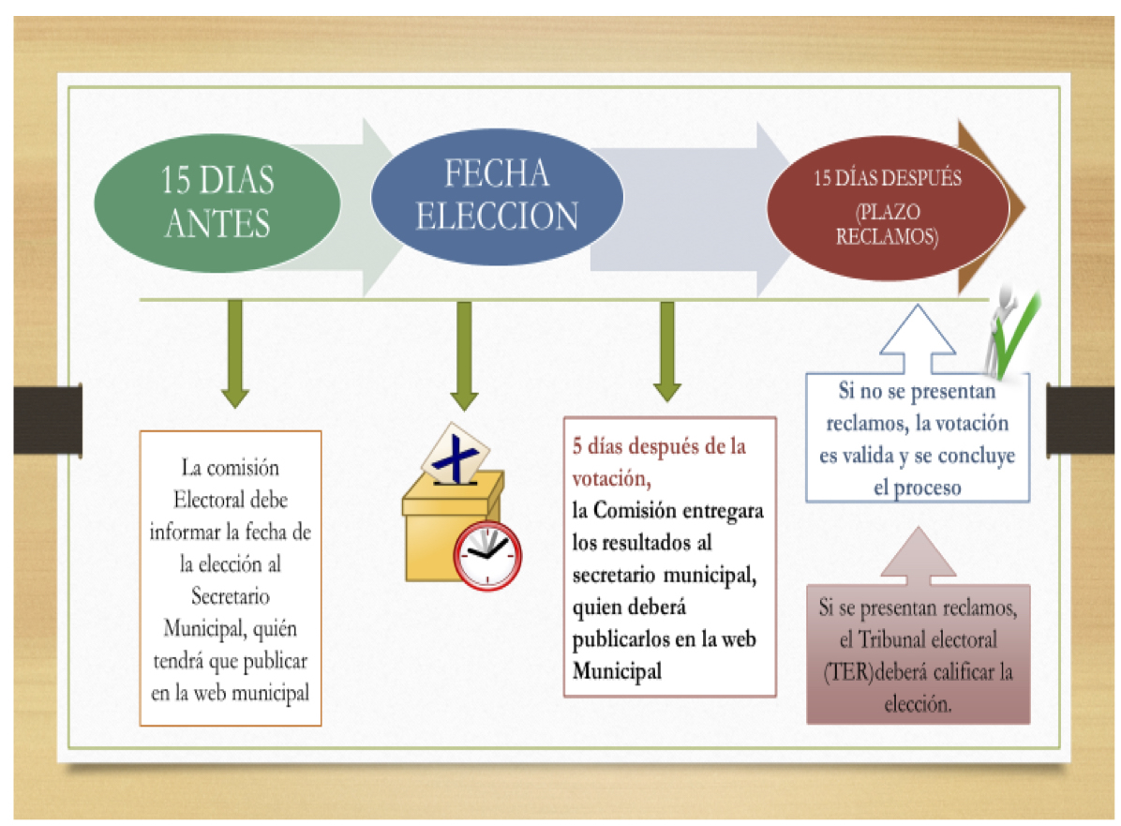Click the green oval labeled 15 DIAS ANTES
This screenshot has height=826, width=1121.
217,203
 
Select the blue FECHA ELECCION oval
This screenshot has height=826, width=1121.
497,196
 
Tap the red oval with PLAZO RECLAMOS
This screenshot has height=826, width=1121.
888,207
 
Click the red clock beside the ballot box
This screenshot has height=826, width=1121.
487,556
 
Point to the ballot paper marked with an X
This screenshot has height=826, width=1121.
455,455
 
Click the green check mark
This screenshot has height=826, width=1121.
1017,337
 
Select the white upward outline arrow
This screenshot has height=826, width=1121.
918,338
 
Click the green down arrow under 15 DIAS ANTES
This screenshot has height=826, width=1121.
235,353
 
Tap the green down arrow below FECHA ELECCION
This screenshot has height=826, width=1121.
464,354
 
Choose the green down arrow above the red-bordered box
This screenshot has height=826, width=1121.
667,352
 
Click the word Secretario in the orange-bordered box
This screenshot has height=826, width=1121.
231,595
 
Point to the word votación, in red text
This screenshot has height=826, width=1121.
611,478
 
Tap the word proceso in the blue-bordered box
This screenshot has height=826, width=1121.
927,488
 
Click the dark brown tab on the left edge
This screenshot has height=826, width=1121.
48,420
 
